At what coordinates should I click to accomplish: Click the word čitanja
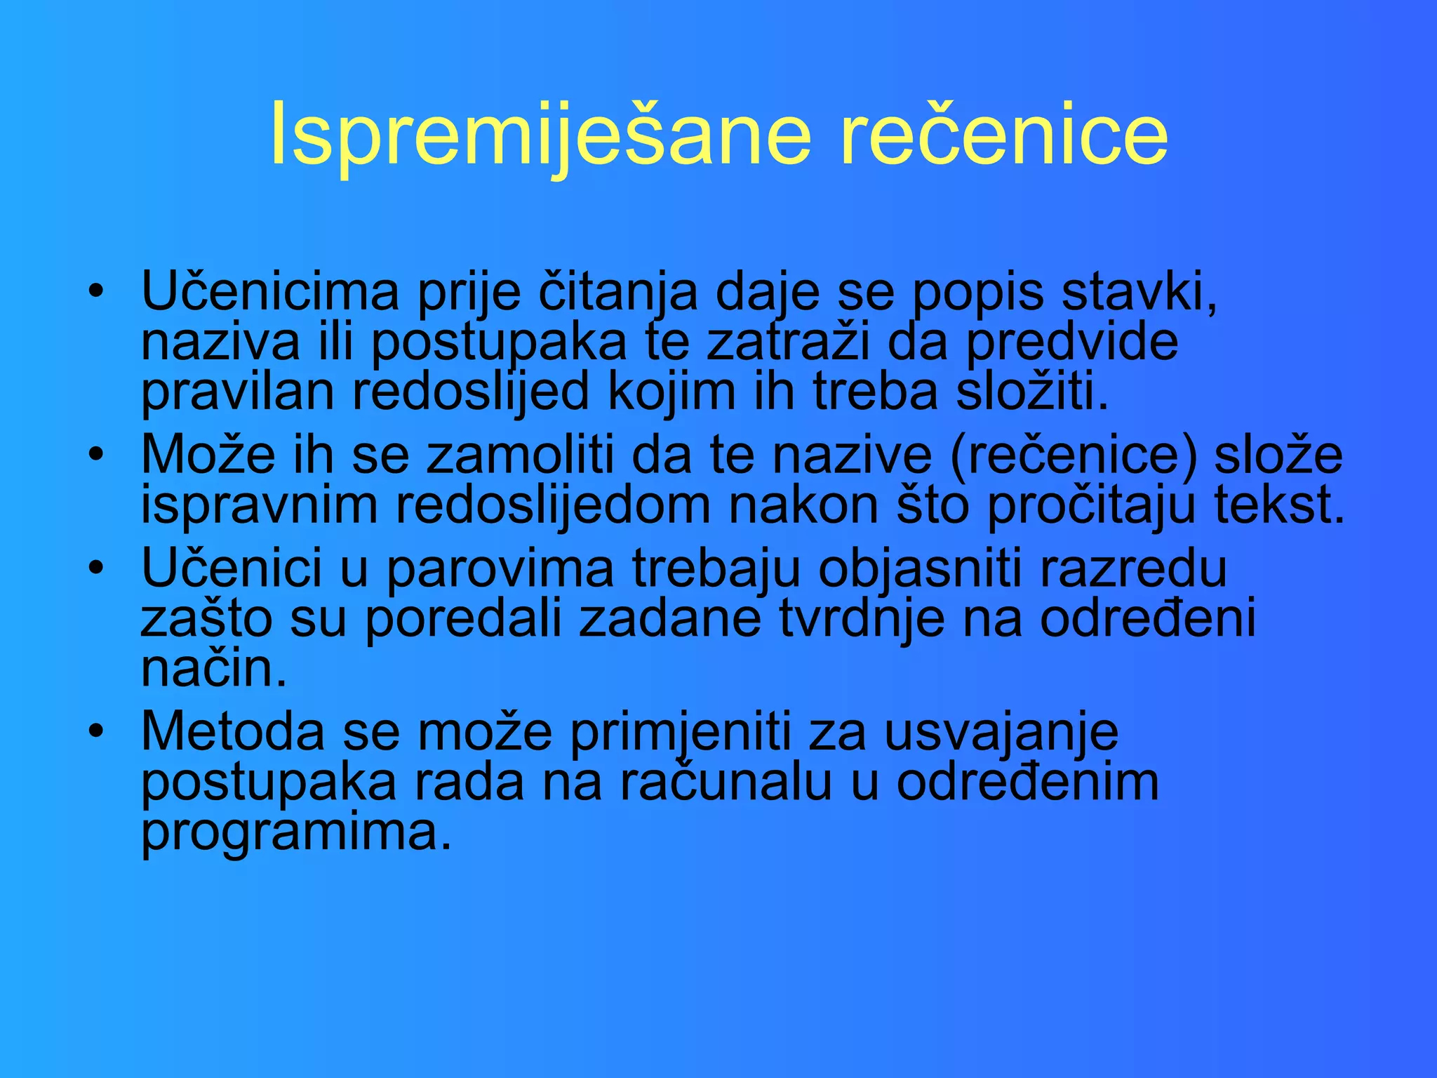pyautogui.click(x=617, y=292)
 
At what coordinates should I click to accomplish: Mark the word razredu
pyautogui.click(x=1133, y=568)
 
